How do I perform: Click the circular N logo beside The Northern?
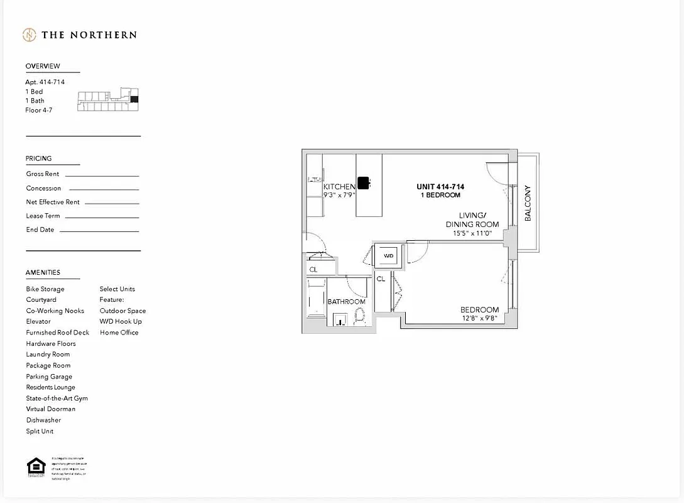point(29,35)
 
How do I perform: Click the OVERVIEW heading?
point(43,66)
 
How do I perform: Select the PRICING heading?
point(39,158)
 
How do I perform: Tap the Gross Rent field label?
point(43,174)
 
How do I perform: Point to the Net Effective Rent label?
point(53,202)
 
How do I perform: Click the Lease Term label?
point(43,216)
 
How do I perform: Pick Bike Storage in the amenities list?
point(45,289)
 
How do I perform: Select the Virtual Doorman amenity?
point(51,409)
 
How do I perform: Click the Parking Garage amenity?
point(49,377)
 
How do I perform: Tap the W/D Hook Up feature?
point(121,321)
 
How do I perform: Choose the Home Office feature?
point(119,333)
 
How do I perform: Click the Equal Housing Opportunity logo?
point(36,468)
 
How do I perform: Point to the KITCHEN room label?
point(339,187)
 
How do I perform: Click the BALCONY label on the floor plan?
point(528,202)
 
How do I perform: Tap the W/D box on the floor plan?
point(389,256)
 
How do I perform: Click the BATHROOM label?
point(346,302)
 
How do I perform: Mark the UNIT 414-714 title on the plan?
point(440,187)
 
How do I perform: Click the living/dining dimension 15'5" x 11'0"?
point(472,233)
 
